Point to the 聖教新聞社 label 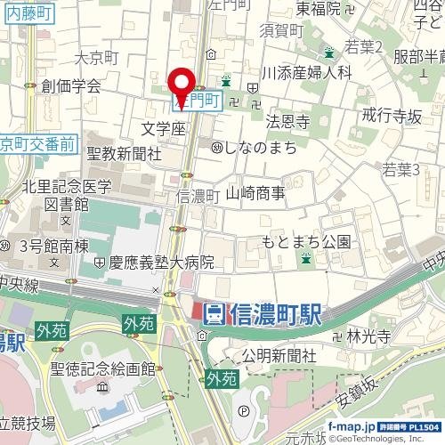124,154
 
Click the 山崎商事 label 255,192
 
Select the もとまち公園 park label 306,241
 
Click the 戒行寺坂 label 392,115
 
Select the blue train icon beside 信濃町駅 214,314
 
